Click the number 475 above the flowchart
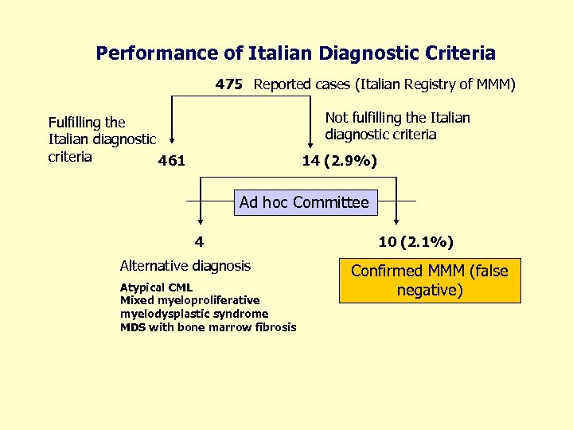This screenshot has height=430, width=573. [228, 84]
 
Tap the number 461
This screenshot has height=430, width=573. [172, 162]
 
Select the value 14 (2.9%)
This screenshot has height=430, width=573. [340, 162]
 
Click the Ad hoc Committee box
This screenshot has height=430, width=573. [304, 202]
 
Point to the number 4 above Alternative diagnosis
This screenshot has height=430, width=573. [200, 241]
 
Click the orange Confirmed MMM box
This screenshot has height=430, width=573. [429, 280]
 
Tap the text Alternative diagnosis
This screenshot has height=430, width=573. [185, 266]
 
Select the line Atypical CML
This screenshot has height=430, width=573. [156, 287]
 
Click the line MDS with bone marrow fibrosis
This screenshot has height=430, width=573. [208, 327]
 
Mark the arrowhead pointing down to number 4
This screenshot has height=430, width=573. [200, 225]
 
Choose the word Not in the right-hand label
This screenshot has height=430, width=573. [337, 118]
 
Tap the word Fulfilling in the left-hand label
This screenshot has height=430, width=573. [76, 123]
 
